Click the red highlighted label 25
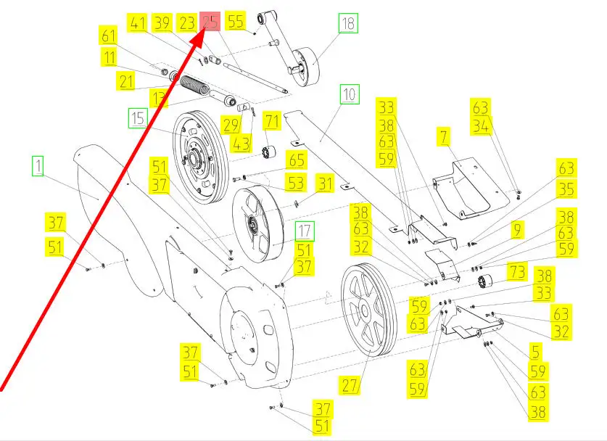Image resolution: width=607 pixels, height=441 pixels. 210,22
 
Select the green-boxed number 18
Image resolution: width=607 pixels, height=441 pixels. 348,23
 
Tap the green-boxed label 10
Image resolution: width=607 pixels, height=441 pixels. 350,94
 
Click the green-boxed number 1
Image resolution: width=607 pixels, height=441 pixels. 38,167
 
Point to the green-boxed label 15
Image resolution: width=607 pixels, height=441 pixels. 137,118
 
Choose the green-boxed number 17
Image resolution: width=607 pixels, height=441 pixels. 305,231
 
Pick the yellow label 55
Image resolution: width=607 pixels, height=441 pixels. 236,20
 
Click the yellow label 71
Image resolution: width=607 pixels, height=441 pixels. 271,120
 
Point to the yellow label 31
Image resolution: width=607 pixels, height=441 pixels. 323,183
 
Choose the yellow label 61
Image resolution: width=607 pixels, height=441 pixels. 109,36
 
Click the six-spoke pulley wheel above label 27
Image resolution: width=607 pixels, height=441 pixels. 368,309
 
